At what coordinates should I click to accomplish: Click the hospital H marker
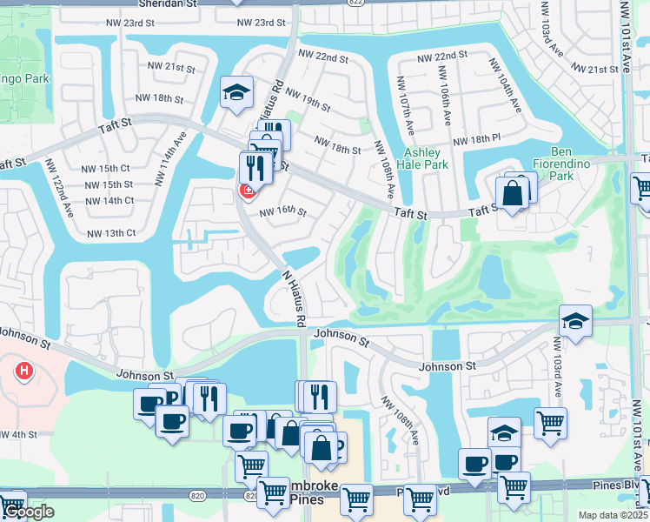click(24, 372)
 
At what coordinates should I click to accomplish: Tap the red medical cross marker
click(248, 191)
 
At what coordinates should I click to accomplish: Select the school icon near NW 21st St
click(235, 94)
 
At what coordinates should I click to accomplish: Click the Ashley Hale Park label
click(422, 157)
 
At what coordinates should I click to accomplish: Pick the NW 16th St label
click(283, 211)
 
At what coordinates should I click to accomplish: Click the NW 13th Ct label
click(111, 233)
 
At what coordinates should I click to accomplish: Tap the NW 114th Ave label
click(170, 159)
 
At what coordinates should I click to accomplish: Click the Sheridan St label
click(168, 4)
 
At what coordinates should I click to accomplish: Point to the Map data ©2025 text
click(614, 515)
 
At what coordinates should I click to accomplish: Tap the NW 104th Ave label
click(507, 86)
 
